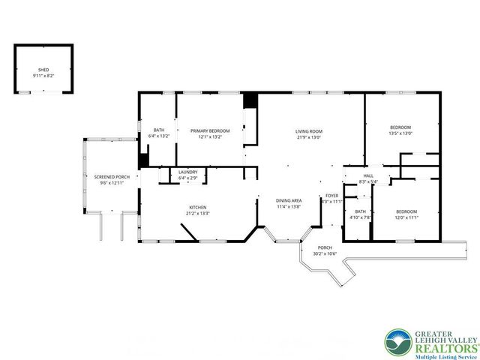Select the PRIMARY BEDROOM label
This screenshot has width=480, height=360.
[209, 131]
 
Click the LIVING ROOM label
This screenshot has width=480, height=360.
[308, 131]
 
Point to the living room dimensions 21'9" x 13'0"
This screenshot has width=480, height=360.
[308, 136]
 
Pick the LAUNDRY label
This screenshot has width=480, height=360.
[187, 172]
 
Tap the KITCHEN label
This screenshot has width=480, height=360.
[198, 207]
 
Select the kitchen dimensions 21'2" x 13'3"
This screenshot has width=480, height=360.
[198, 212]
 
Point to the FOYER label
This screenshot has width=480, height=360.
[331, 196]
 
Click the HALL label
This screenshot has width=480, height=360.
[368, 175]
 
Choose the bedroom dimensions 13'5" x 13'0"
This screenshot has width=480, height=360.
[400, 133]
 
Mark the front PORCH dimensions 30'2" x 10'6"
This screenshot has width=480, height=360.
[325, 253]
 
